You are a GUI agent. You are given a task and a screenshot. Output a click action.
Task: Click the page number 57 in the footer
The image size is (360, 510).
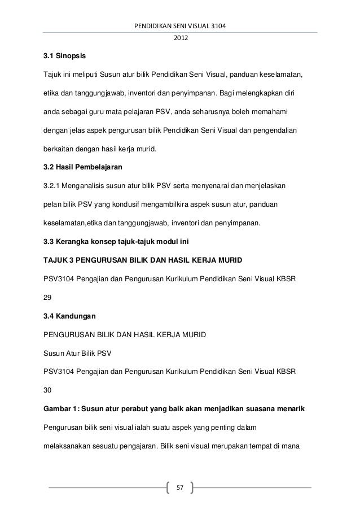point(181,487)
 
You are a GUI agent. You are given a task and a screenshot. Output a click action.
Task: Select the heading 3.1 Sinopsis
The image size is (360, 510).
point(62,58)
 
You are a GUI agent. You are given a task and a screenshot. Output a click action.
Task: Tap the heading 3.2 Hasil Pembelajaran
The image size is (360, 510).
point(78,168)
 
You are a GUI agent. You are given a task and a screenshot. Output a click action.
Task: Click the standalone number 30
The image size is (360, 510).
point(40,389)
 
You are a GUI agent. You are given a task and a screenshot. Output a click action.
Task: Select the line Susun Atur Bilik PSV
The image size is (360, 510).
point(73,354)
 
